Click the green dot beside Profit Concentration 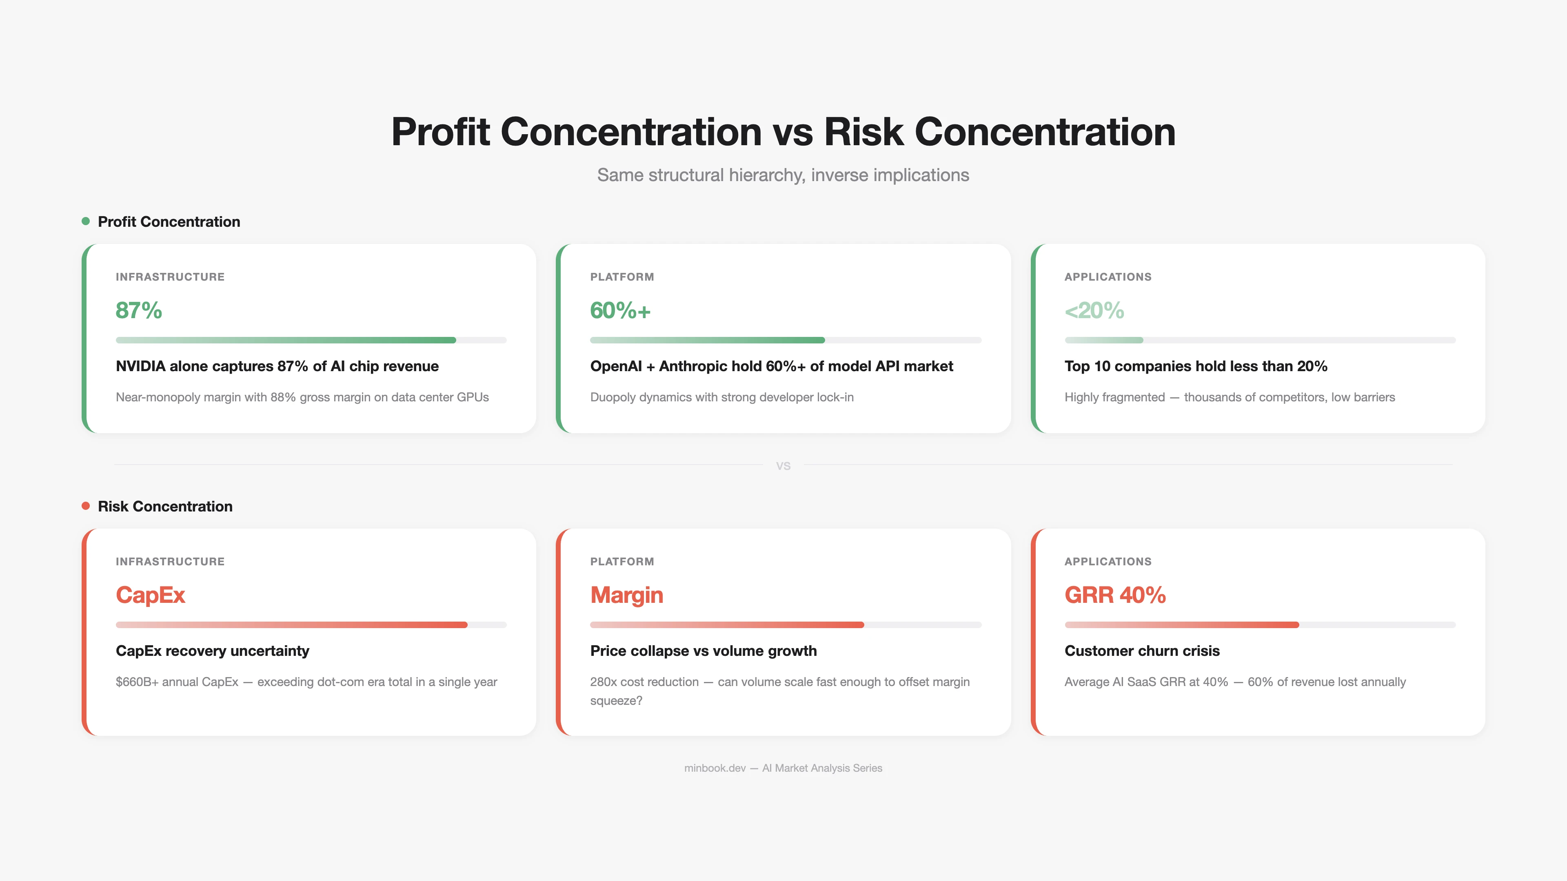pos(86,221)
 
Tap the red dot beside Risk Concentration pos(86,506)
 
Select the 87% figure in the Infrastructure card pos(139,311)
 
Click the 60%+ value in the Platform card pos(620,311)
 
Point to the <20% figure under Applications pos(1094,311)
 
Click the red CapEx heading pos(150,595)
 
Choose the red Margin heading pos(626,595)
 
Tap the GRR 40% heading pos(1115,595)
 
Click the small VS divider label pos(783,466)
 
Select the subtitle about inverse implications pos(783,175)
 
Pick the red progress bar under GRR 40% pos(1181,625)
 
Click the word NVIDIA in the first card pos(140,366)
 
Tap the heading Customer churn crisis pos(1142,651)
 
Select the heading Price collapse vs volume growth pos(703,651)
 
